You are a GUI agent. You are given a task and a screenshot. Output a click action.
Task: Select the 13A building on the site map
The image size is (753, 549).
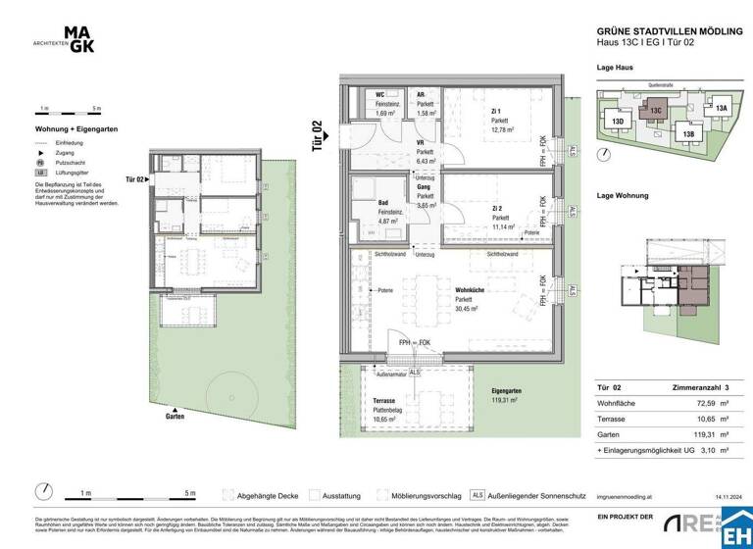tap(721, 109)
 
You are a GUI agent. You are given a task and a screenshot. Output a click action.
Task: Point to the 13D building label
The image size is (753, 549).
tap(618, 123)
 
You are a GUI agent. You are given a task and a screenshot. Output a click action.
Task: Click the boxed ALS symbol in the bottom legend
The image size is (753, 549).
tap(478, 495)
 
